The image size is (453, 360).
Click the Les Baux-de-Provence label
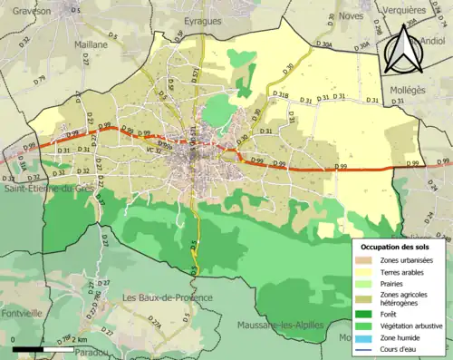click(x=168, y=297)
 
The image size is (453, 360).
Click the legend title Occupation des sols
click(x=396, y=246)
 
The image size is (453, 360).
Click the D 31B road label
click(x=281, y=96)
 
